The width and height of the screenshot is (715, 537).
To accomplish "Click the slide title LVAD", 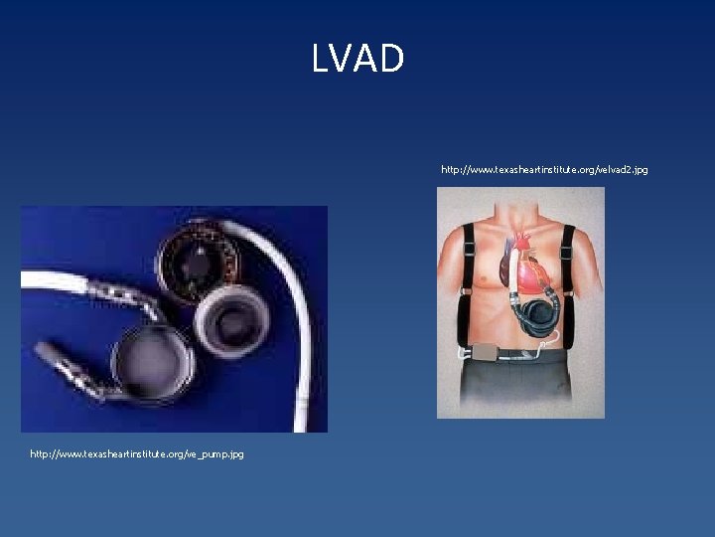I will tap(357, 59).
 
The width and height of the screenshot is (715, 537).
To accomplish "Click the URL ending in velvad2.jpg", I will tap(544, 170).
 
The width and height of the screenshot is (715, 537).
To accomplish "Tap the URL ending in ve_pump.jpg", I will tap(136, 453).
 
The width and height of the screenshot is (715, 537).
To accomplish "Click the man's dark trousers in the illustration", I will tap(521, 388).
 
